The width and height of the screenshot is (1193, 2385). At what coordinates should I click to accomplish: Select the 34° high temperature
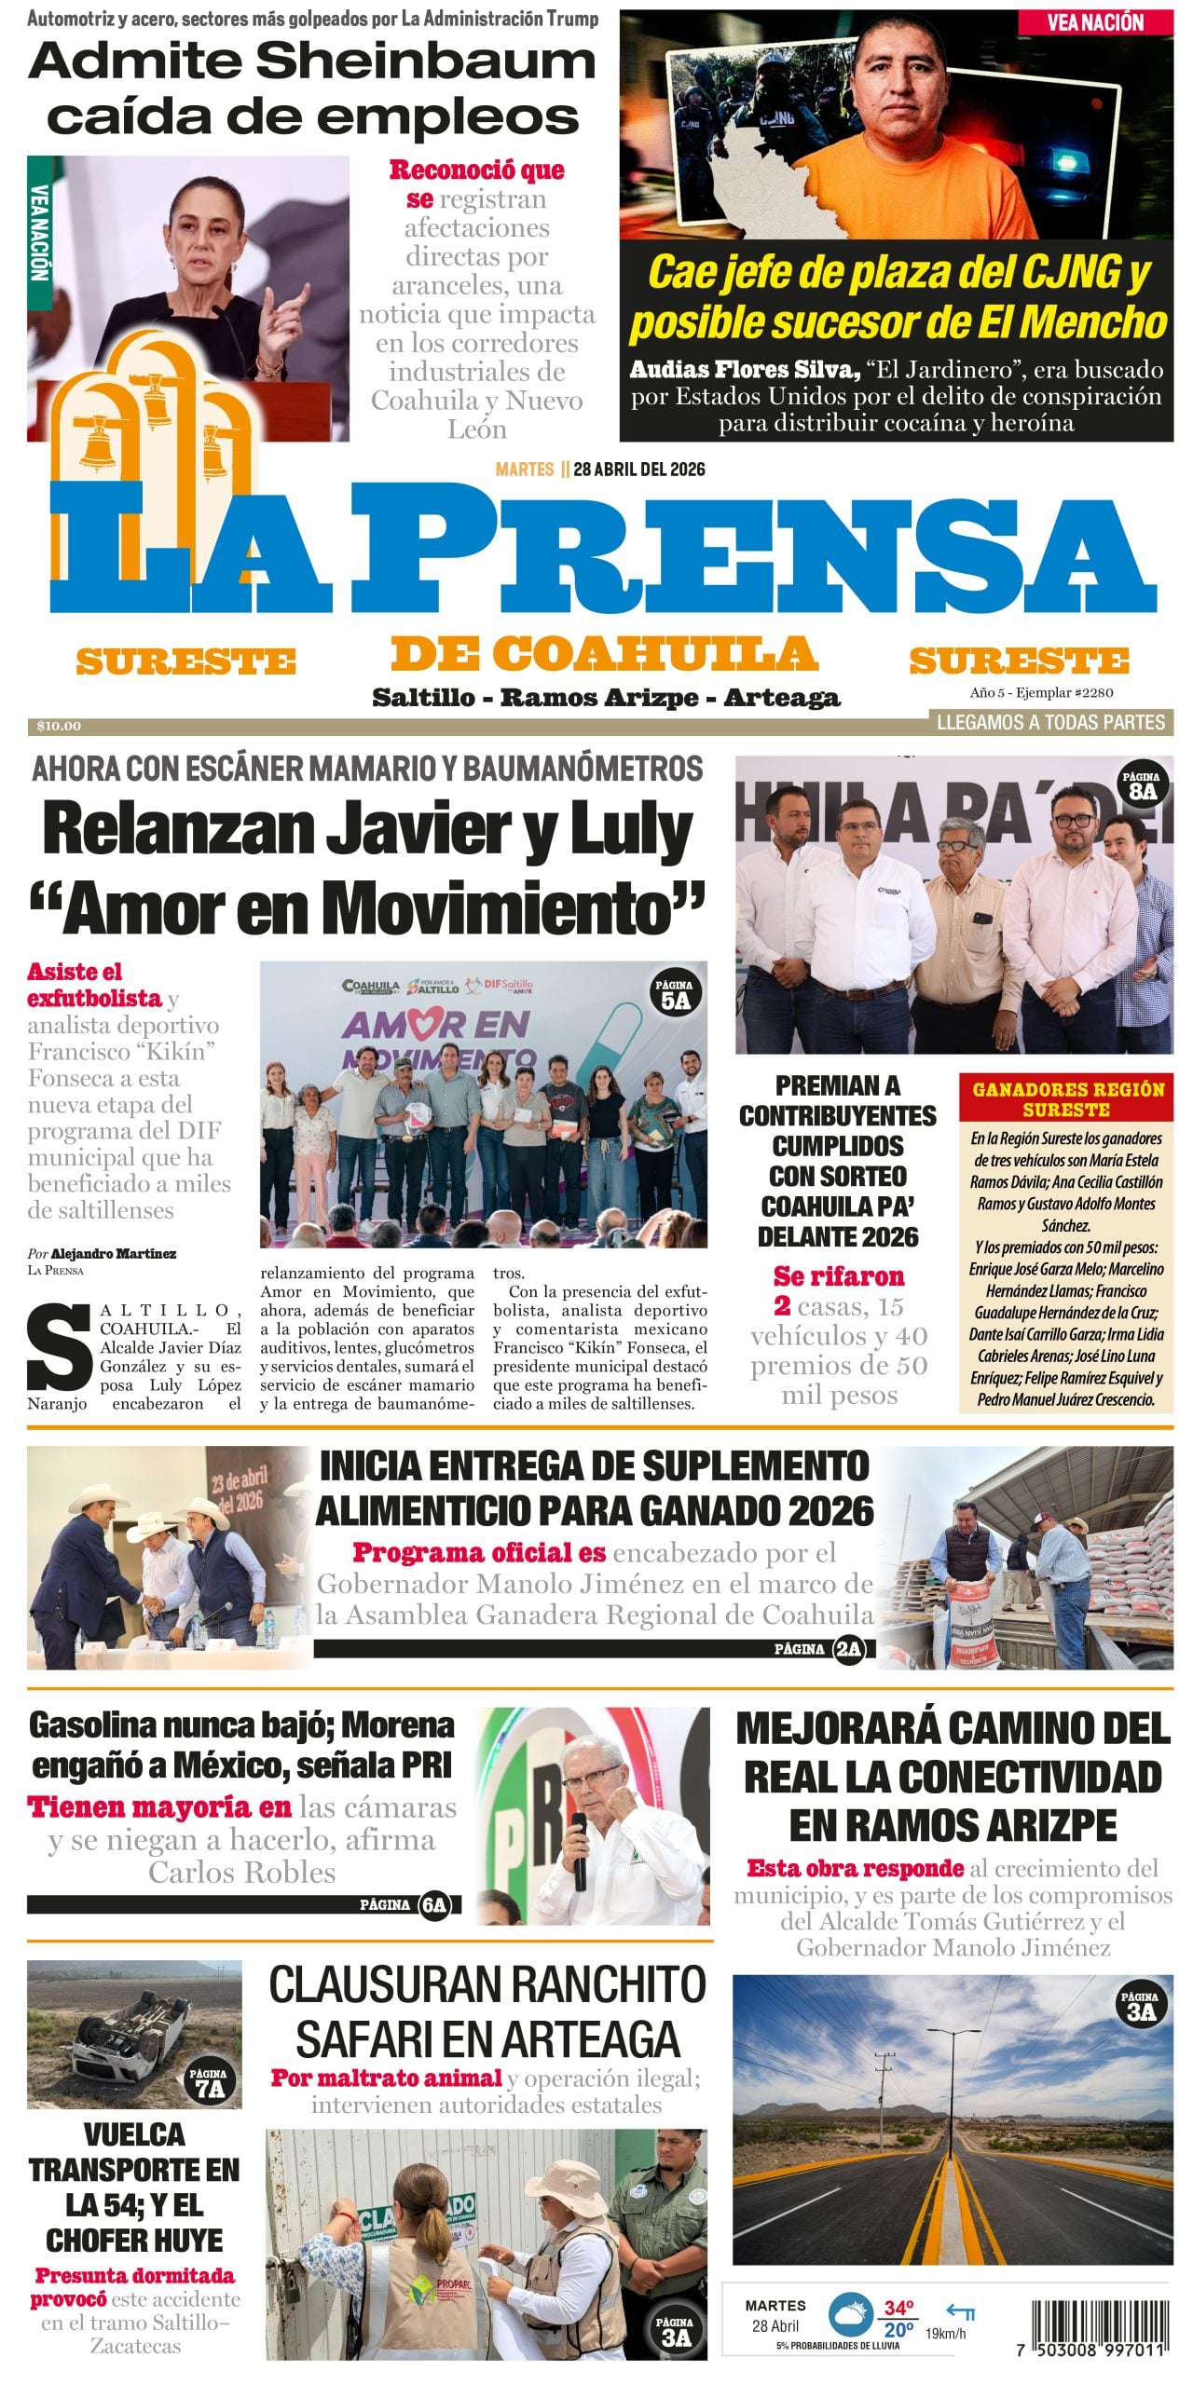pos(898,2300)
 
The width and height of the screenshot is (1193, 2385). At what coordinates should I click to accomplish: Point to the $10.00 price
pos(59,726)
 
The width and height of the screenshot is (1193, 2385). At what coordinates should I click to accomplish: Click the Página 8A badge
pos(1142,784)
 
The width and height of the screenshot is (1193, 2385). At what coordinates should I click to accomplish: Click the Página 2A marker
pos(848,1649)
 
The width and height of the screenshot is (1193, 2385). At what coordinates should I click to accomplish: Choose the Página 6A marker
pos(433,1905)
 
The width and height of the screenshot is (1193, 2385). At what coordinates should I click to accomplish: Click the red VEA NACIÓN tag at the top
pos(1094,22)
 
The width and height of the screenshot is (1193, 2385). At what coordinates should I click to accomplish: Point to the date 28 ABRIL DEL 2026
pos(638,470)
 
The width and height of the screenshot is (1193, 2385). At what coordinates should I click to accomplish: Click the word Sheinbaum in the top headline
pos(425,62)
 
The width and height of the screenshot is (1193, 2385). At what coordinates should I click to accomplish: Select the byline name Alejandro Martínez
pos(113,1253)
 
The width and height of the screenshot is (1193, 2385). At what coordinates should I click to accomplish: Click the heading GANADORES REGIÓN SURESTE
pos(1068,1099)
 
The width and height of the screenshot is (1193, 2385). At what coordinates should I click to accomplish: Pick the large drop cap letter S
pos(58,1349)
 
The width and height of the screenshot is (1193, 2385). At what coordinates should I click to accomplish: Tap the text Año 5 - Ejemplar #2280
pos(1041,692)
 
